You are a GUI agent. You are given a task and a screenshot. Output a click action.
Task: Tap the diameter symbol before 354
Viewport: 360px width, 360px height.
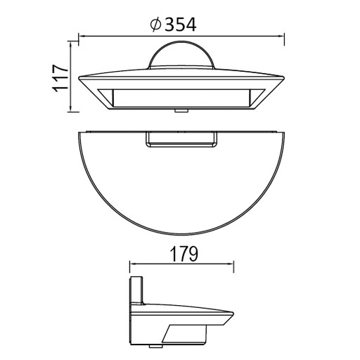coord(155,25)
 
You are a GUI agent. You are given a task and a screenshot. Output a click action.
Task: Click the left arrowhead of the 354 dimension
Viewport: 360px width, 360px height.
coord(81,35)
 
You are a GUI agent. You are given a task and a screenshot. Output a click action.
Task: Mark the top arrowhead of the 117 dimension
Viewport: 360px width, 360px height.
coord(72,44)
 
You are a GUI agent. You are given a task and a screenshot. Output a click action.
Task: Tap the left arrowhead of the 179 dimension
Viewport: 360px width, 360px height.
coord(131,265)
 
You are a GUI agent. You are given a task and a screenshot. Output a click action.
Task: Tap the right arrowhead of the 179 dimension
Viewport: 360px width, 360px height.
coord(231,265)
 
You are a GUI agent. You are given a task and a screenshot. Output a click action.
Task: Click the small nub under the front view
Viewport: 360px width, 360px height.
coord(181,110)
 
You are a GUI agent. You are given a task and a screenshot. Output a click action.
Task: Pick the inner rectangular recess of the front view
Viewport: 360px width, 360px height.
coord(181,98)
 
